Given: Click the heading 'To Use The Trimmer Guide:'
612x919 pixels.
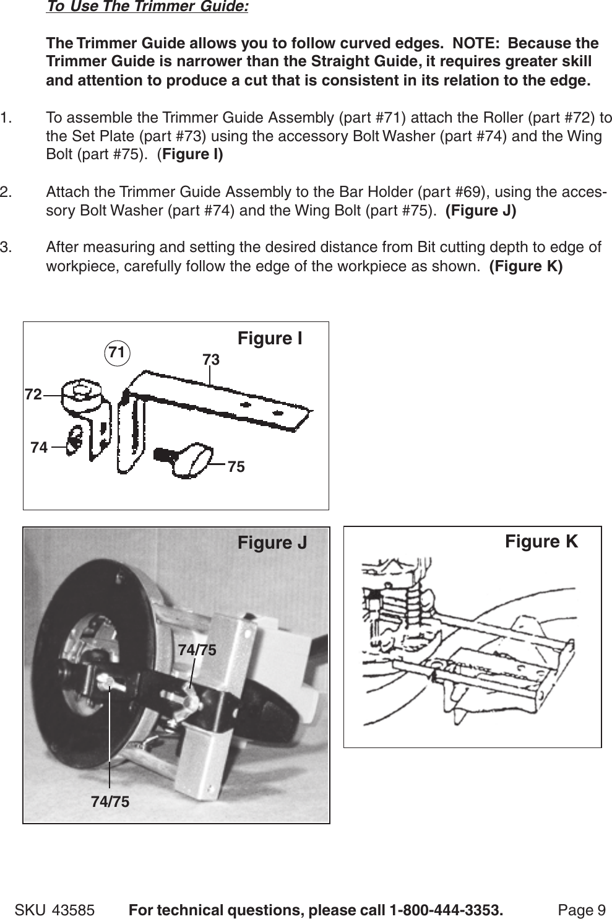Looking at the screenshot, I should [x=147, y=8].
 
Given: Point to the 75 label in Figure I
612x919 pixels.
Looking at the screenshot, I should [x=236, y=467].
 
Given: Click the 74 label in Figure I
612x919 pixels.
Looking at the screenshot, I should [x=38, y=446].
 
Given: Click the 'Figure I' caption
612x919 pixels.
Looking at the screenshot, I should [x=270, y=339].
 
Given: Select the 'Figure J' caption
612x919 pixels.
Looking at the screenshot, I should [x=272, y=544].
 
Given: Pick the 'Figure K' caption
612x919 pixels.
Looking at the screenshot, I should [x=541, y=542].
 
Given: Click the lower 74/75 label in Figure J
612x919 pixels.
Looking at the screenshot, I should [x=110, y=802].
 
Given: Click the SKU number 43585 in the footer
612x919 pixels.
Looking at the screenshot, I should [x=74, y=910].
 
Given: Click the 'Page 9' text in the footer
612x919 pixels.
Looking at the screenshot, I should [x=582, y=910].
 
